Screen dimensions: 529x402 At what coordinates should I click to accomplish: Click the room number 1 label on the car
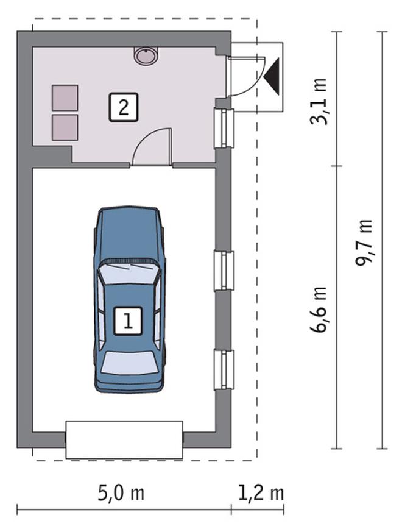point(129,321)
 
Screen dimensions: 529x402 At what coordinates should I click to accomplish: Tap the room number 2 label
point(124,108)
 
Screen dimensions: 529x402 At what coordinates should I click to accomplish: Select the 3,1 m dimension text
point(319,101)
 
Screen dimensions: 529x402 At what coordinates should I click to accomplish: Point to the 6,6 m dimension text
point(319,310)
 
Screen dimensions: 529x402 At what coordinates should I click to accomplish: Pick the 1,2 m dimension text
point(258,492)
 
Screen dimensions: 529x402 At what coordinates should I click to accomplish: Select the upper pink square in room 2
point(65,98)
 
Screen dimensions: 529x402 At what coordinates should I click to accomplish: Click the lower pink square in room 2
point(65,126)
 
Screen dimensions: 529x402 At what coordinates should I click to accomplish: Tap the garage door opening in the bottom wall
point(124,439)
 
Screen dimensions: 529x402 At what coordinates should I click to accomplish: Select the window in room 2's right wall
point(224,128)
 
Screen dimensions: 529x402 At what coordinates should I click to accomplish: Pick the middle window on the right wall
point(224,271)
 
